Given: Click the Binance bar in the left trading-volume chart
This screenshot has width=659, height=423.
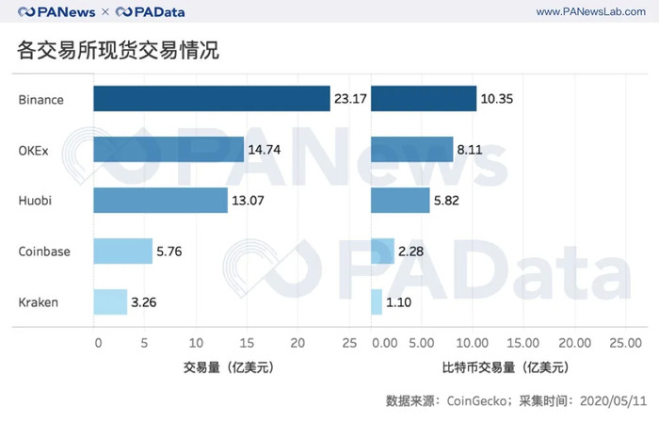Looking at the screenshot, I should click(x=211, y=99).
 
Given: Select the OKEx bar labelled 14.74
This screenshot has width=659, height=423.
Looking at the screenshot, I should click(x=169, y=149).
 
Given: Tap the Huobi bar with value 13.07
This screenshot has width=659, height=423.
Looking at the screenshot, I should click(x=160, y=200).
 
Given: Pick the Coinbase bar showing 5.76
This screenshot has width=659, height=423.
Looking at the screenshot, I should click(x=122, y=251).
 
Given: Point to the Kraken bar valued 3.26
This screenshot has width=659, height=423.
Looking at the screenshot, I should click(x=110, y=301).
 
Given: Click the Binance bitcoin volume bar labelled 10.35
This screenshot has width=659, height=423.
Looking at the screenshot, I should click(x=425, y=99).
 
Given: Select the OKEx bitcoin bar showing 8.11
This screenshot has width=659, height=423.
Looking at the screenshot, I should click(x=412, y=149).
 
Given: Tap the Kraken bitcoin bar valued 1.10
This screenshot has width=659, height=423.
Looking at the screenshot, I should click(x=378, y=301).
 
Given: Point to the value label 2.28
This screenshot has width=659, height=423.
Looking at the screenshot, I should click(x=416, y=252).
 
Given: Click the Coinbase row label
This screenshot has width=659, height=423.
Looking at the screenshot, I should click(x=46, y=252).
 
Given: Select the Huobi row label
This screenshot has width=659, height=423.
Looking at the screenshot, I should click(x=36, y=201).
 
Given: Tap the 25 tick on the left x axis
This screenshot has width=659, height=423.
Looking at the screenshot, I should click(x=349, y=342).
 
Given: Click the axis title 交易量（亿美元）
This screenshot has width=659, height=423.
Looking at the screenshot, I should click(x=222, y=367).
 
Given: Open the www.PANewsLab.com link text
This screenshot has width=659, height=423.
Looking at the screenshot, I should click(x=587, y=11).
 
